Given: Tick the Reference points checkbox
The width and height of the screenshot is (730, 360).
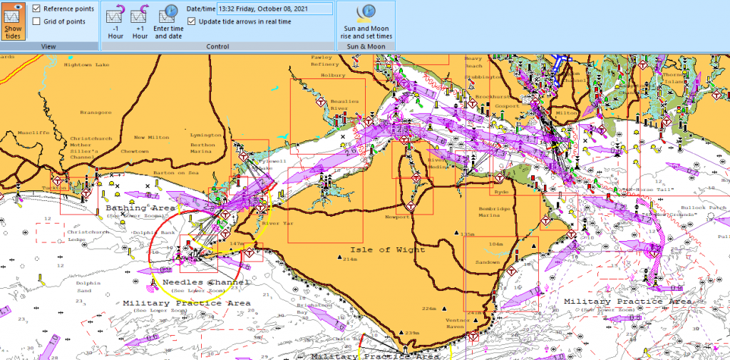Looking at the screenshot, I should click(36, 9).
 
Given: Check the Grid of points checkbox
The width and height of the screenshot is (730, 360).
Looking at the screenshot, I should click(36, 21).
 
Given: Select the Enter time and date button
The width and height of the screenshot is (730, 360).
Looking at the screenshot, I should click(168, 21).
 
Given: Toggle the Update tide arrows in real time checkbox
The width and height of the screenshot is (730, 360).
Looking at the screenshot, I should click(191, 21).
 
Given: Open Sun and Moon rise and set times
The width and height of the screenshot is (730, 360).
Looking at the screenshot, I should click(366, 21).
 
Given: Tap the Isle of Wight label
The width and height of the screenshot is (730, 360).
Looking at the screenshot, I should click(387, 250).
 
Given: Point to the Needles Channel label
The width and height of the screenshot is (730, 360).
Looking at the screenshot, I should click(206, 282).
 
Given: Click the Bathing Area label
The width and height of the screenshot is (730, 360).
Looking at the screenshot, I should click(140, 208).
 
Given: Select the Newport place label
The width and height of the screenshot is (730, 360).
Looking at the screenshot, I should click(398, 217).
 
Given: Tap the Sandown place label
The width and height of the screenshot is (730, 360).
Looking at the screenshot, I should click(488, 262).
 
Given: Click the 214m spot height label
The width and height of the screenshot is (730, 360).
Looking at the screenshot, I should click(349, 259).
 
